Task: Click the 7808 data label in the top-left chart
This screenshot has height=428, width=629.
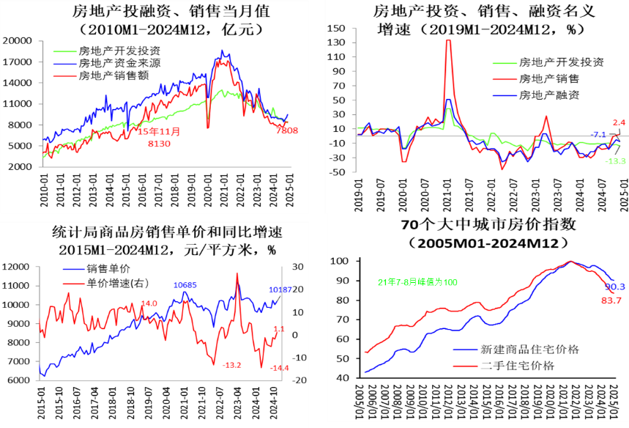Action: (x=288, y=130)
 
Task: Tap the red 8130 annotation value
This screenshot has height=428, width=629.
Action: (x=158, y=143)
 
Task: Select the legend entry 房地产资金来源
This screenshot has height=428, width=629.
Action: (x=119, y=63)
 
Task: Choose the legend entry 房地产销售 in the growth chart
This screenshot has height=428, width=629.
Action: (x=548, y=78)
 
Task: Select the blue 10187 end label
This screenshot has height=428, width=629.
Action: (x=280, y=289)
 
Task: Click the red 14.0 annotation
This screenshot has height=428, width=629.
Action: (x=149, y=303)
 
